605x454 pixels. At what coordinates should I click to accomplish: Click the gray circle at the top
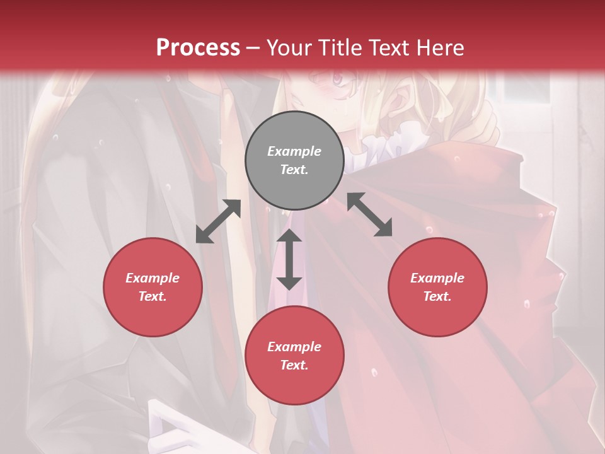pyautogui.click(x=294, y=161)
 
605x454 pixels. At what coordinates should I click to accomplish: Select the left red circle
pyautogui.click(x=153, y=287)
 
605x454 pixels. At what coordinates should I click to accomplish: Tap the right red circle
pyautogui.click(x=437, y=287)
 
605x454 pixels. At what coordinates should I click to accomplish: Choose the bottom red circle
pyautogui.click(x=294, y=356)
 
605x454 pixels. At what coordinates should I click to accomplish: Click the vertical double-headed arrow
pyautogui.click(x=289, y=259)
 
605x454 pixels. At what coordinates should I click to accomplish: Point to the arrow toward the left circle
pyautogui.click(x=218, y=221)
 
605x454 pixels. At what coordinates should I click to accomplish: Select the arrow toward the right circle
pyautogui.click(x=370, y=214)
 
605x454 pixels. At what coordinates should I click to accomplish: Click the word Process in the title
pyautogui.click(x=198, y=47)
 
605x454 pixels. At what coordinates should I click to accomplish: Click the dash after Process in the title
pyautogui.click(x=253, y=48)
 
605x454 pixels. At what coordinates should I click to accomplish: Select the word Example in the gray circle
pyautogui.click(x=294, y=151)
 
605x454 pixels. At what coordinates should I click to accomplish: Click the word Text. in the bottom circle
pyautogui.click(x=294, y=365)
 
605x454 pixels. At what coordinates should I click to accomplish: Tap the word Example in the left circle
pyautogui.click(x=153, y=278)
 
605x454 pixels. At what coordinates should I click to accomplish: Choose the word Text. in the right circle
pyautogui.click(x=437, y=296)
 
